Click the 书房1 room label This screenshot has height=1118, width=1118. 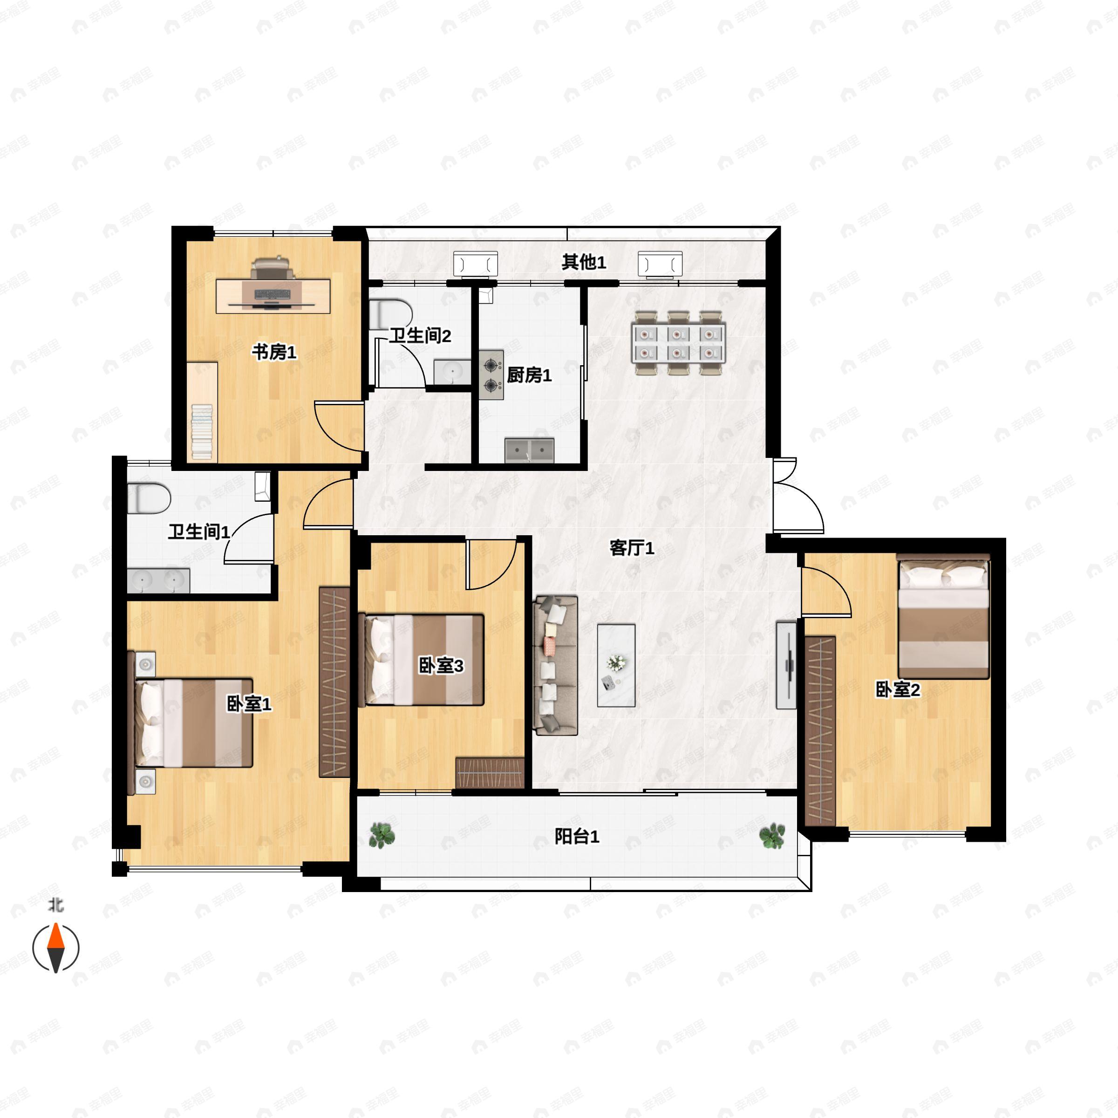pos(274,351)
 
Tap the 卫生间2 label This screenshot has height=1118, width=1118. pos(420,335)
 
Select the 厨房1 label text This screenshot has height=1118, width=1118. pos(529,375)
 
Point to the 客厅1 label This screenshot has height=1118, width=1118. pos(632,547)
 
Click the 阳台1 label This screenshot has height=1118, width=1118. pos(577,836)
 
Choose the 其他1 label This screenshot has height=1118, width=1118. pos(584,262)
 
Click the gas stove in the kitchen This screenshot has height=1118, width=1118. pos(491,375)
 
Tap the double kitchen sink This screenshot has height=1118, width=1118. pos(530,450)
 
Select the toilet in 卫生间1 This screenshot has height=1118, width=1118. pos(149,499)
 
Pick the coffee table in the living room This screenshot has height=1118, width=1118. pos(616,665)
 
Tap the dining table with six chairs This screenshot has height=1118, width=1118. pos(679,342)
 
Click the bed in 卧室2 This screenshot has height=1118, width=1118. pos(943,616)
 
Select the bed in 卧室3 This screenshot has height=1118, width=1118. pos(421,660)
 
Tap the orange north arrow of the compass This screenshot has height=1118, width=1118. pos(55,936)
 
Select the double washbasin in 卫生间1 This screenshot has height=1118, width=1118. pos(158,580)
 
